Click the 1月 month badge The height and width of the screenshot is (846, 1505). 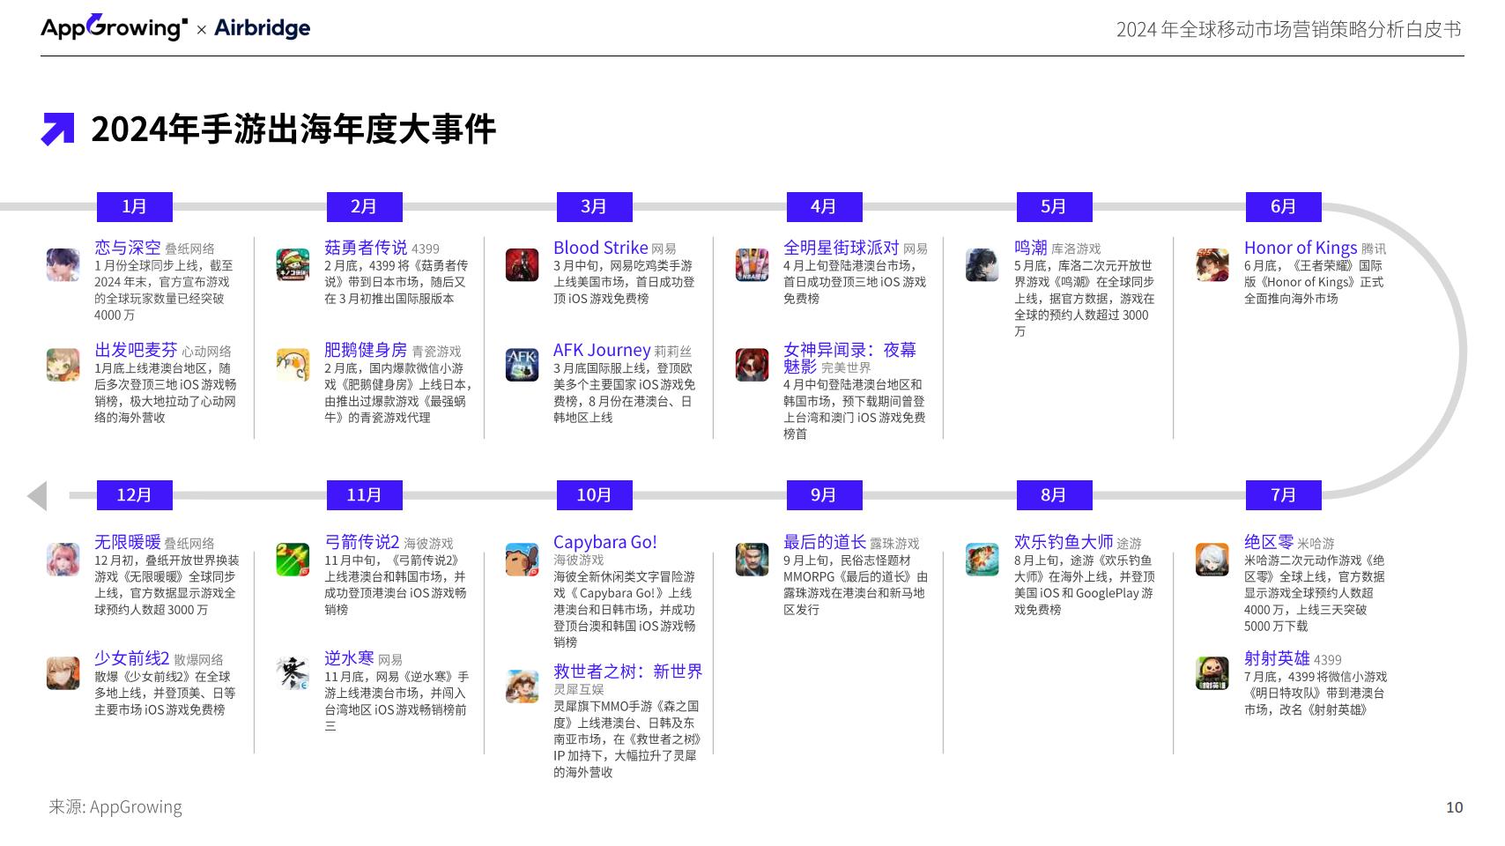(134, 206)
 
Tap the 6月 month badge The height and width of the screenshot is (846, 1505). (1283, 206)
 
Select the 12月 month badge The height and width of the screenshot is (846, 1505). (134, 495)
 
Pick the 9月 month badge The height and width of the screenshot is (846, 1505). (824, 495)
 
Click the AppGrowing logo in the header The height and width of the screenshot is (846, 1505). (115, 27)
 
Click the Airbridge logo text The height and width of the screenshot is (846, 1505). (262, 27)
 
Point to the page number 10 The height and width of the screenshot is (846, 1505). (1454, 807)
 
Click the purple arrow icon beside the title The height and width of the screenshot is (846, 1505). (58, 129)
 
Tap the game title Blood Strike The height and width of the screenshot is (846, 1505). (600, 248)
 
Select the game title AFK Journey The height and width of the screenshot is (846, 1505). (601, 350)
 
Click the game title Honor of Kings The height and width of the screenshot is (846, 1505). (1300, 248)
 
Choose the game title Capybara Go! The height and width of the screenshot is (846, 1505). (604, 542)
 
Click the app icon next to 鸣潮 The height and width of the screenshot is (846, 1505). (982, 264)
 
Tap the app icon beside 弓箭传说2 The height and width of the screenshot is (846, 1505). (293, 559)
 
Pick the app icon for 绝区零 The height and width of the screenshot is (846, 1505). (1212, 559)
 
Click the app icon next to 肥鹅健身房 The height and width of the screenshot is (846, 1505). (293, 365)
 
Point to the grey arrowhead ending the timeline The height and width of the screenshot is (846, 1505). (38, 496)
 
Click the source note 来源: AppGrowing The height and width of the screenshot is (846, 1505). (115, 806)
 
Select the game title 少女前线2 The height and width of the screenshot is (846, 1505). (131, 657)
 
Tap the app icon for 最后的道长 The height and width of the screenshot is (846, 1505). (752, 559)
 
